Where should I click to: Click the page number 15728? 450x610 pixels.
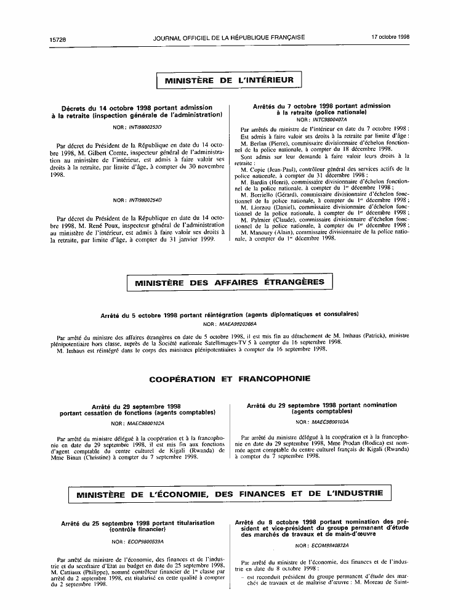click(58, 38)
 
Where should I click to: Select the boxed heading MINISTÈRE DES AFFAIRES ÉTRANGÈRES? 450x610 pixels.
click(229, 282)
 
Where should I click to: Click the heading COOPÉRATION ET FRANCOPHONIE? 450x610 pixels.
click(230, 378)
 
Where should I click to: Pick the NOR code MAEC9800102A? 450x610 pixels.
click(145, 423)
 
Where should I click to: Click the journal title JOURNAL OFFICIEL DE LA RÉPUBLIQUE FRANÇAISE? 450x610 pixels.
click(229, 37)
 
